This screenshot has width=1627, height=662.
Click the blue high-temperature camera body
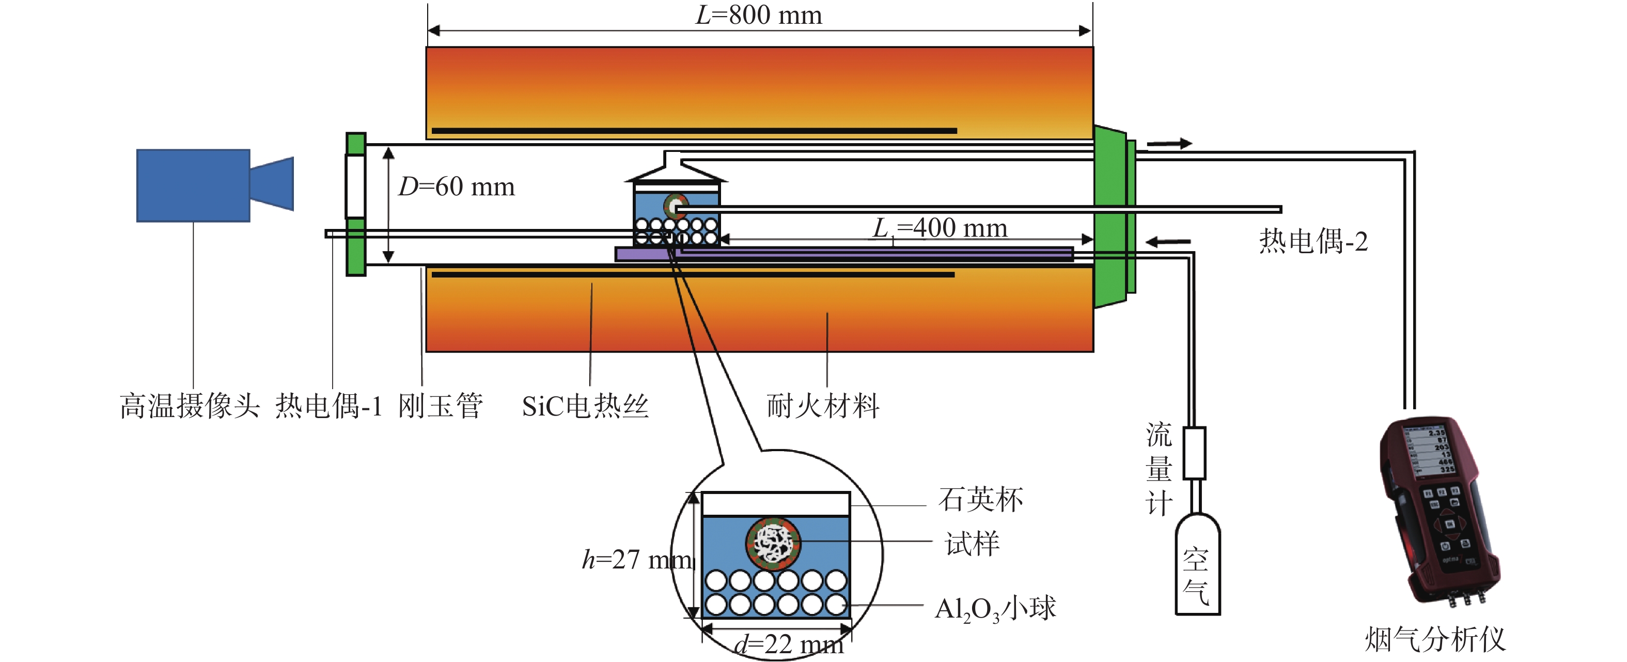193,185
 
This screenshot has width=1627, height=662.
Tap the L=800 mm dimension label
759,15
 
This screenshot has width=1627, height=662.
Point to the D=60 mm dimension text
457,187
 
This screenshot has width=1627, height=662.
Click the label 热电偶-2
1313,241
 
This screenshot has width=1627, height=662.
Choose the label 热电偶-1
328,406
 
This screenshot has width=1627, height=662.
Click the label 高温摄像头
190,406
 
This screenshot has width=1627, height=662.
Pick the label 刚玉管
440,406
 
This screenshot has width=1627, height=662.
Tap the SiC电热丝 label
585,406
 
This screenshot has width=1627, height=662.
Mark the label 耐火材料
823,406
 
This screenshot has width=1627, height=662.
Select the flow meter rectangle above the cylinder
1194,453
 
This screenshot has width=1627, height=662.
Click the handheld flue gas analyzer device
1440,512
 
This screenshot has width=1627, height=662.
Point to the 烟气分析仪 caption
1435,639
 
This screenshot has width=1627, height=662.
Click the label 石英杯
981,500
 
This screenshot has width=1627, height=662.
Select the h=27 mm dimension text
637,560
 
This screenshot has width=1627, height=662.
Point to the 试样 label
972,544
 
